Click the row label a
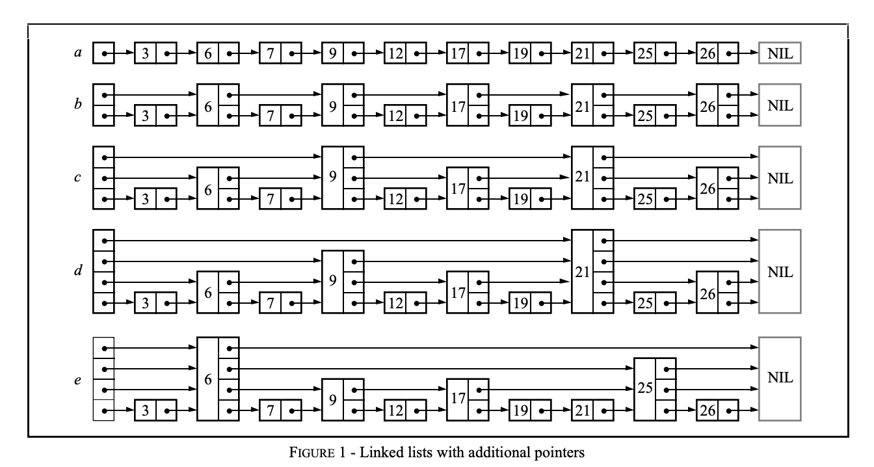pos(78,53)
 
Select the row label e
pos(78,380)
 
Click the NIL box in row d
pos(780,271)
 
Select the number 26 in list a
pos(706,53)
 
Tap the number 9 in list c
pos(332,178)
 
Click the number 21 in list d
pos(582,271)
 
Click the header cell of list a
pos(104,53)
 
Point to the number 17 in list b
pos(457,105)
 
